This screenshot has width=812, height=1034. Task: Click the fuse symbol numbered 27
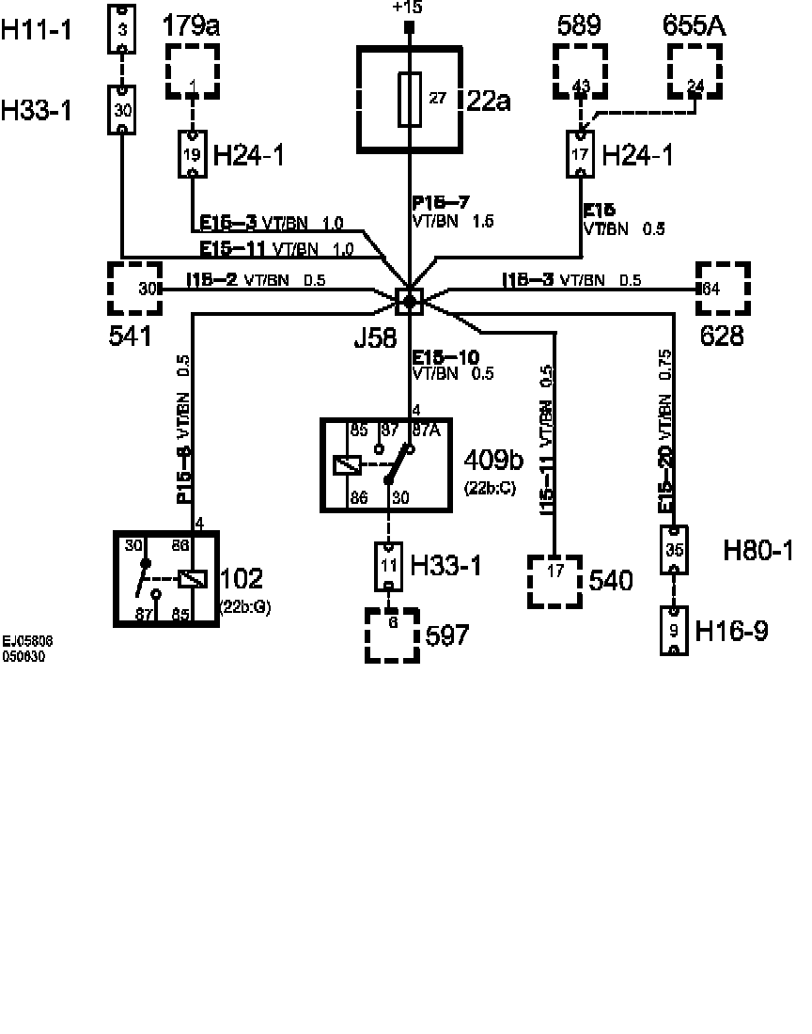coord(410,99)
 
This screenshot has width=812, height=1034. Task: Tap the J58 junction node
coord(410,301)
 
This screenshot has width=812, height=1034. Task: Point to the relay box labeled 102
coord(166,578)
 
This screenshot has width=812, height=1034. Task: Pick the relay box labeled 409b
coord(385,464)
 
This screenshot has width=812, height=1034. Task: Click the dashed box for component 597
coord(392,634)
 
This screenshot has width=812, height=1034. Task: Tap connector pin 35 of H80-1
coord(674,550)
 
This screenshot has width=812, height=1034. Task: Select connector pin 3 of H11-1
coord(122,28)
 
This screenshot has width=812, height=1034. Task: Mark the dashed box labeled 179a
coord(193,70)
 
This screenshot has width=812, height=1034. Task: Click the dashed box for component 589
coord(581,70)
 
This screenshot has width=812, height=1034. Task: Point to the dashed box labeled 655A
coord(696,70)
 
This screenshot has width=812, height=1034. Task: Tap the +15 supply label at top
coord(409,8)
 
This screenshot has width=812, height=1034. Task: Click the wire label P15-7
coord(441,203)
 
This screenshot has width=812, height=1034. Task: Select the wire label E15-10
coord(445,356)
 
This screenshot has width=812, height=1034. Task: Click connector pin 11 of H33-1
coord(390,565)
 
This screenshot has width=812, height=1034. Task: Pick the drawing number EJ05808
coord(27,642)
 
